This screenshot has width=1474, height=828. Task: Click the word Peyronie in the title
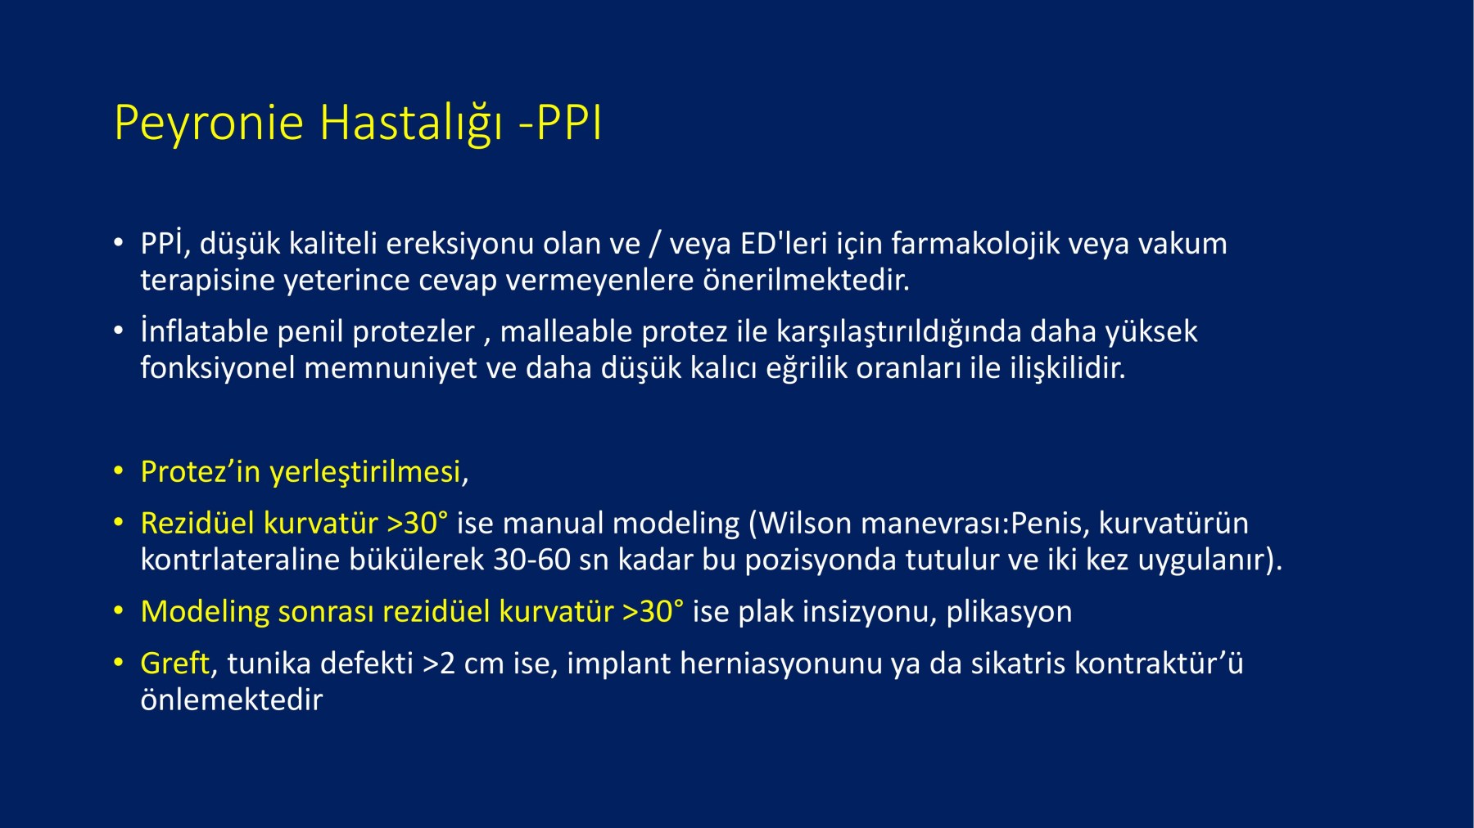point(209,124)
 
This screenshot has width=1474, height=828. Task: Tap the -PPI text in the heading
point(561,123)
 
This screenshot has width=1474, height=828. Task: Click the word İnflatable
point(204,331)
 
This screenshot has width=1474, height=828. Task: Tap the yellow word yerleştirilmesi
point(365,473)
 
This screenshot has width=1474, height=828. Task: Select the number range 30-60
point(531,560)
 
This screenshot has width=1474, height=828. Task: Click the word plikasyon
point(1009,613)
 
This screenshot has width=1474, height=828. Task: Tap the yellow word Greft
point(174,664)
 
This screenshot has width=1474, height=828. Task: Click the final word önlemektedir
point(232,700)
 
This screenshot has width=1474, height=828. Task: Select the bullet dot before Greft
point(119,663)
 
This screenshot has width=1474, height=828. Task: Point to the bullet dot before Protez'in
point(119,472)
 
